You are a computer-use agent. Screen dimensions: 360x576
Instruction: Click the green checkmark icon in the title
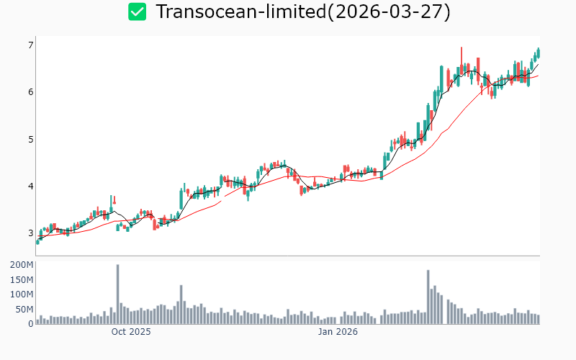[137, 12]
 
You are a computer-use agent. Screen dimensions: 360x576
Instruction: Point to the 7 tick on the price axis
[31, 45]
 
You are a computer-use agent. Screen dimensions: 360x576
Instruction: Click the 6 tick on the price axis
[31, 92]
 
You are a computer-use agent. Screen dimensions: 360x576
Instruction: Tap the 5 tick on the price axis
[31, 139]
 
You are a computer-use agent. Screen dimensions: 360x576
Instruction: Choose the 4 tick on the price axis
[31, 186]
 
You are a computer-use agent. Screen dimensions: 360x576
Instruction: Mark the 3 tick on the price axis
[31, 233]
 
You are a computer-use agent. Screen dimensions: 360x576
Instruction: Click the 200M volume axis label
[22, 265]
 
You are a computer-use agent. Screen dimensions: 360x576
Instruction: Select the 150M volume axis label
[22, 279]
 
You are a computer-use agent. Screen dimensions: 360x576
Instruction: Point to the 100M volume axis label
[22, 294]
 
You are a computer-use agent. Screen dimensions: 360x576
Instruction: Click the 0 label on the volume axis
[31, 324]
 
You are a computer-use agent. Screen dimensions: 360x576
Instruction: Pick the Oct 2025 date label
[131, 332]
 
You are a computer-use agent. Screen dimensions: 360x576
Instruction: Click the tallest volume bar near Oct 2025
[117, 294]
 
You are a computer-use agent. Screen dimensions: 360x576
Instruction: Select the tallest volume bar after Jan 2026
[428, 297]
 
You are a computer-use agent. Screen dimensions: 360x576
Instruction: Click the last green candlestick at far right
[538, 52]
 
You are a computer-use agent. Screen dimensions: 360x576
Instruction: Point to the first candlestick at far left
[37, 241]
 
